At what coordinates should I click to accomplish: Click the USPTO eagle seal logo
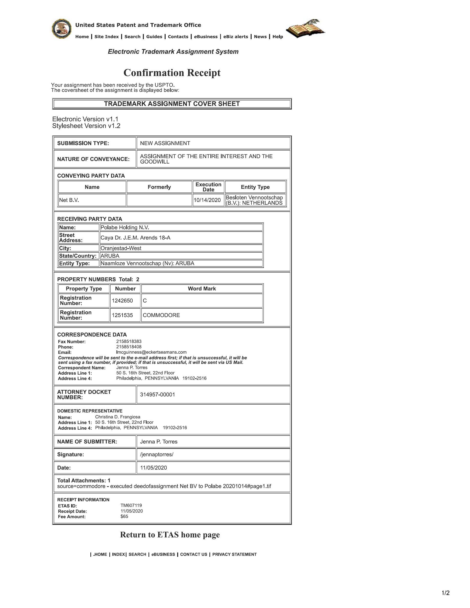tap(61, 29)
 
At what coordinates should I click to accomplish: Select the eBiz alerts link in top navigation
tap(236, 37)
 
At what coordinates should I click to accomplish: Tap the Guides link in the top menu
tap(154, 37)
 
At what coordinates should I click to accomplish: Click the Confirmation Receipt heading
tap(172, 73)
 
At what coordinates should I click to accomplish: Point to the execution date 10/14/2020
tap(207, 200)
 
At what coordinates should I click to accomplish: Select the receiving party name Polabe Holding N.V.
tap(125, 227)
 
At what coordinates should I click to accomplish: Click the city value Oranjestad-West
tap(121, 248)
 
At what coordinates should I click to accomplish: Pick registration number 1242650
tap(122, 301)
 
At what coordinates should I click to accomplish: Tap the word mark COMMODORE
tap(161, 315)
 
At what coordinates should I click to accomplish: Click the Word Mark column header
tap(201, 289)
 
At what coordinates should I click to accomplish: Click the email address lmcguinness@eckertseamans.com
tap(151, 352)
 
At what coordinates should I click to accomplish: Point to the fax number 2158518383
tap(129, 341)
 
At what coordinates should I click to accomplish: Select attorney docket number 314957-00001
tap(157, 395)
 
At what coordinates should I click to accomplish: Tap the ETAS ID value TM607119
tap(131, 505)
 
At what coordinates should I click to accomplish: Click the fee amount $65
tap(124, 516)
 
